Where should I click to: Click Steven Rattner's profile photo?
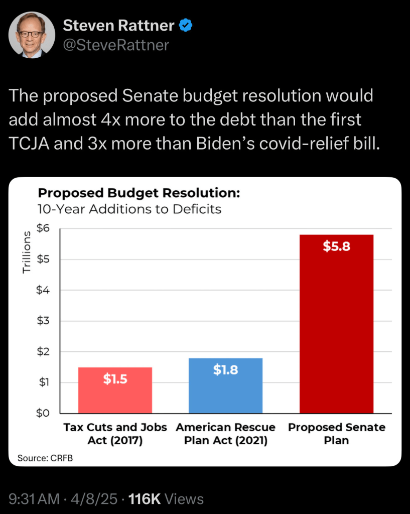point(32,35)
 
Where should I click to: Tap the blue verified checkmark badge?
point(186,25)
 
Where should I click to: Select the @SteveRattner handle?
point(116,45)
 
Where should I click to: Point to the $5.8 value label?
point(336,247)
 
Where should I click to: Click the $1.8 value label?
point(225,370)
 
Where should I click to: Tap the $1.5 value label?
point(115,379)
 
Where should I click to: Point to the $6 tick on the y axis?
point(44,228)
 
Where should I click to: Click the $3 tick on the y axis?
point(44,321)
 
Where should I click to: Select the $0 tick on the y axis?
point(44,413)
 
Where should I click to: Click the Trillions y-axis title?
point(27,256)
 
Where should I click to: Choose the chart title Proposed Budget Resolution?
point(139,193)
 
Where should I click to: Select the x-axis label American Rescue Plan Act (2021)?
point(225,434)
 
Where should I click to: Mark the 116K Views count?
point(166,499)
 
